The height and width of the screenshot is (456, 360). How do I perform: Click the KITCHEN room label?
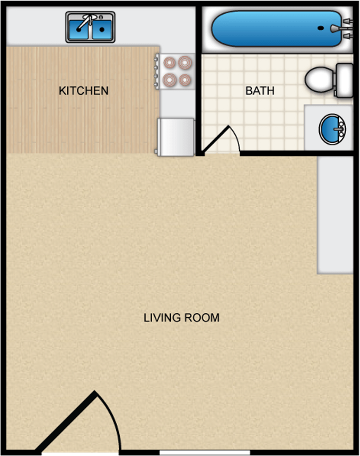pos(83,91)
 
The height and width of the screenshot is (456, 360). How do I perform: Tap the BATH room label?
pos(260,91)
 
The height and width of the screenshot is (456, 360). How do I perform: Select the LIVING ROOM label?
pos(181,318)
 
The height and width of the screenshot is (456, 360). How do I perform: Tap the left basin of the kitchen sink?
pos(78,30)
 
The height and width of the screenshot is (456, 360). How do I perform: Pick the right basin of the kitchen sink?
pos(102,30)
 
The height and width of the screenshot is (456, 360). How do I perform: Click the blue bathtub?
pos(276,29)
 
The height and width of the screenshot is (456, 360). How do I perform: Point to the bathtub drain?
pos(320,28)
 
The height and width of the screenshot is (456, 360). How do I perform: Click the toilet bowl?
pos(320,80)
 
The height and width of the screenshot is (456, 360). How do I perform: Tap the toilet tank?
pos(345,80)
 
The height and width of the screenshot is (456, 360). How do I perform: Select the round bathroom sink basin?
pos(332,129)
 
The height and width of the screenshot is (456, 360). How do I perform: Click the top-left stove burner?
pos(170,63)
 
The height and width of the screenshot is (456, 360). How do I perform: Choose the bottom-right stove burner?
pos(185,80)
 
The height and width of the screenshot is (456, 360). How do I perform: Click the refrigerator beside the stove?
pos(176,137)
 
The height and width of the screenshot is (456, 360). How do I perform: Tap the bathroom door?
pos(215,139)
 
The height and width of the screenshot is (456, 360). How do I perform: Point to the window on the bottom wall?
pos(205,453)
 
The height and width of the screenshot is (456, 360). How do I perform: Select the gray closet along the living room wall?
pos(335,215)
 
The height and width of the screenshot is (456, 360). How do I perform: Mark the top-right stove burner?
pos(185,63)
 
